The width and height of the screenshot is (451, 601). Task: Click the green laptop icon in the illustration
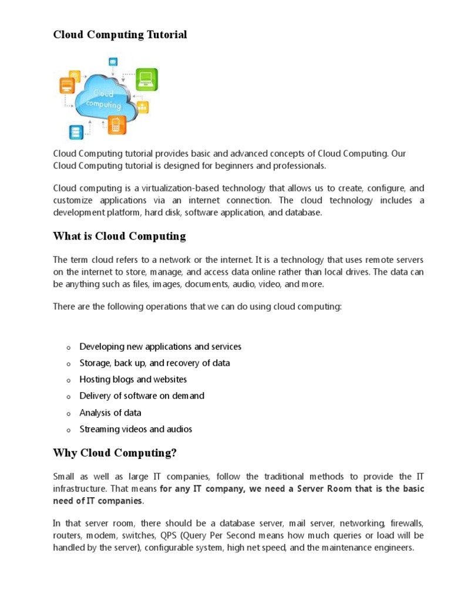pos(146,79)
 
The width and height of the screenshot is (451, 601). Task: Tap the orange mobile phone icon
pos(116,124)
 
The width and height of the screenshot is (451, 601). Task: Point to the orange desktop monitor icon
pos(66,86)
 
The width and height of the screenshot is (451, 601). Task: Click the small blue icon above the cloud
pos(113,61)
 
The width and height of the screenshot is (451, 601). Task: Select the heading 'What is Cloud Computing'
pos(119,237)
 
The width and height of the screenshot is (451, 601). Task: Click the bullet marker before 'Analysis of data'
pos(68,414)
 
